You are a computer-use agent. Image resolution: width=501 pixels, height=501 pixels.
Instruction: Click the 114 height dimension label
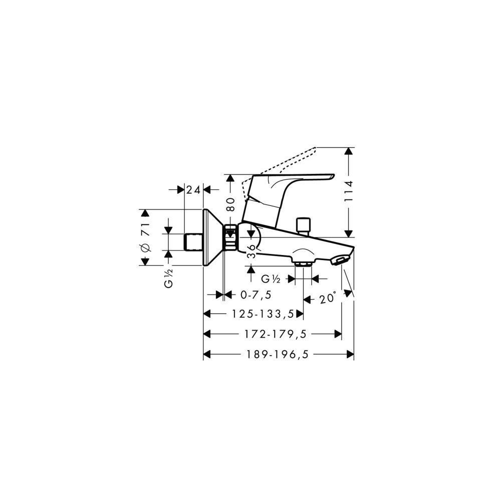coord(349,191)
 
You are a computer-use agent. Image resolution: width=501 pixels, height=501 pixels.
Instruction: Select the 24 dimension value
coord(193,190)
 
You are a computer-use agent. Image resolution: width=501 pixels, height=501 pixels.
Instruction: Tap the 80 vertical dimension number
coord(230,204)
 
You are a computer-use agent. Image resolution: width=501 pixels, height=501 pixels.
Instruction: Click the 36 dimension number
coord(252,251)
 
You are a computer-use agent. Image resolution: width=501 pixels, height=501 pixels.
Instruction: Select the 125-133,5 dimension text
coord(263,314)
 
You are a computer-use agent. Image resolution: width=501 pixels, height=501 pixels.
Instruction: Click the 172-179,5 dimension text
coord(276,334)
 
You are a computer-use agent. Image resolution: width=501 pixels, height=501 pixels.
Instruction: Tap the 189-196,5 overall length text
coord(278,354)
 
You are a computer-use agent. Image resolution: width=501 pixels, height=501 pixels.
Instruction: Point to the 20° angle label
coord(328,299)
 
